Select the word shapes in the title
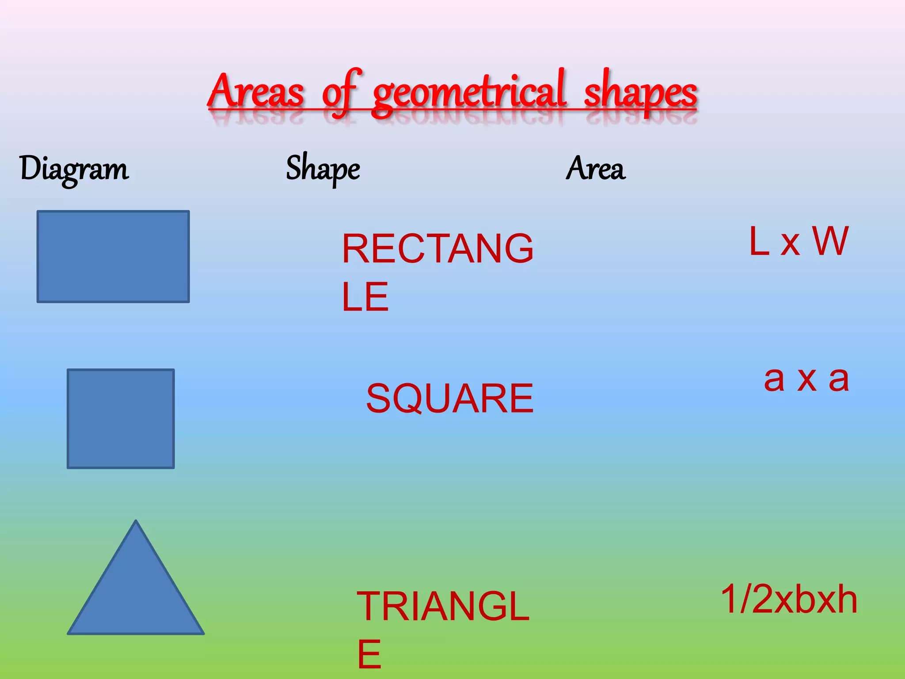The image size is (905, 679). tap(640, 93)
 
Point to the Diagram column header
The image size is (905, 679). tap(74, 169)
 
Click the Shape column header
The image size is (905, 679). tap(323, 169)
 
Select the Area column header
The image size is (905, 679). tap(596, 168)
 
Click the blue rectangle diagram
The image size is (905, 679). tap(113, 256)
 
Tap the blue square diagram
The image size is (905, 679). tap(121, 418)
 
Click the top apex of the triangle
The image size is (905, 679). tap(136, 522)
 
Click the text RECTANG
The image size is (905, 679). tap(437, 249)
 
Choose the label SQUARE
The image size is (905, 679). tap(450, 399)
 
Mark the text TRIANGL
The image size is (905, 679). tap(443, 607)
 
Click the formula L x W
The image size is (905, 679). tap(799, 241)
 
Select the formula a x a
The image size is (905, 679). tap(806, 379)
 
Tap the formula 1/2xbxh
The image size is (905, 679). tap(789, 599)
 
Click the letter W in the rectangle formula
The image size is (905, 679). tap(830, 241)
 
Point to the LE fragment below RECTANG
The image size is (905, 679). tap(365, 297)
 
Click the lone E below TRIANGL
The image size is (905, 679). tap(369, 655)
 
